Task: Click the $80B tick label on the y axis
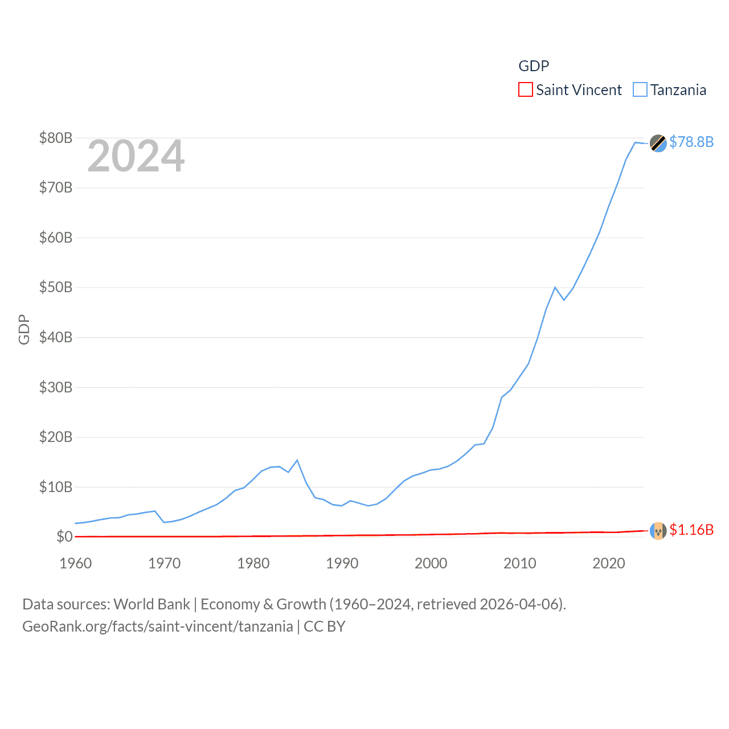pos(55,138)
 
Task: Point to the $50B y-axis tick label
pos(55,287)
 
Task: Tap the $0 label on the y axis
pos(64,536)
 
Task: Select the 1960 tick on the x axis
pos(76,563)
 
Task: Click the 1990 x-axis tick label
pos(342,563)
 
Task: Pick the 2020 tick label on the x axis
pos(609,563)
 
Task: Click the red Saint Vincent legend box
pos(526,90)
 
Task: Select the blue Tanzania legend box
pos(640,90)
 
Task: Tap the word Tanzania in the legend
pos(678,90)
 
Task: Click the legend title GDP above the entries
pos(534,66)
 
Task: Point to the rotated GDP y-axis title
pos(24,329)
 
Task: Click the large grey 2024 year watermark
pos(136,156)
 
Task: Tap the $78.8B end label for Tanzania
pos(691,142)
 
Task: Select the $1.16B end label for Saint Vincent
pos(691,530)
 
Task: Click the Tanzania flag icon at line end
pos(658,143)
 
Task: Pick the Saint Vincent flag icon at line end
pos(658,531)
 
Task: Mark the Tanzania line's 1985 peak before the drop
pos(297,460)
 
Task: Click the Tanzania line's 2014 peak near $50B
pos(555,287)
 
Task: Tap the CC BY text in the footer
pos(325,626)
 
